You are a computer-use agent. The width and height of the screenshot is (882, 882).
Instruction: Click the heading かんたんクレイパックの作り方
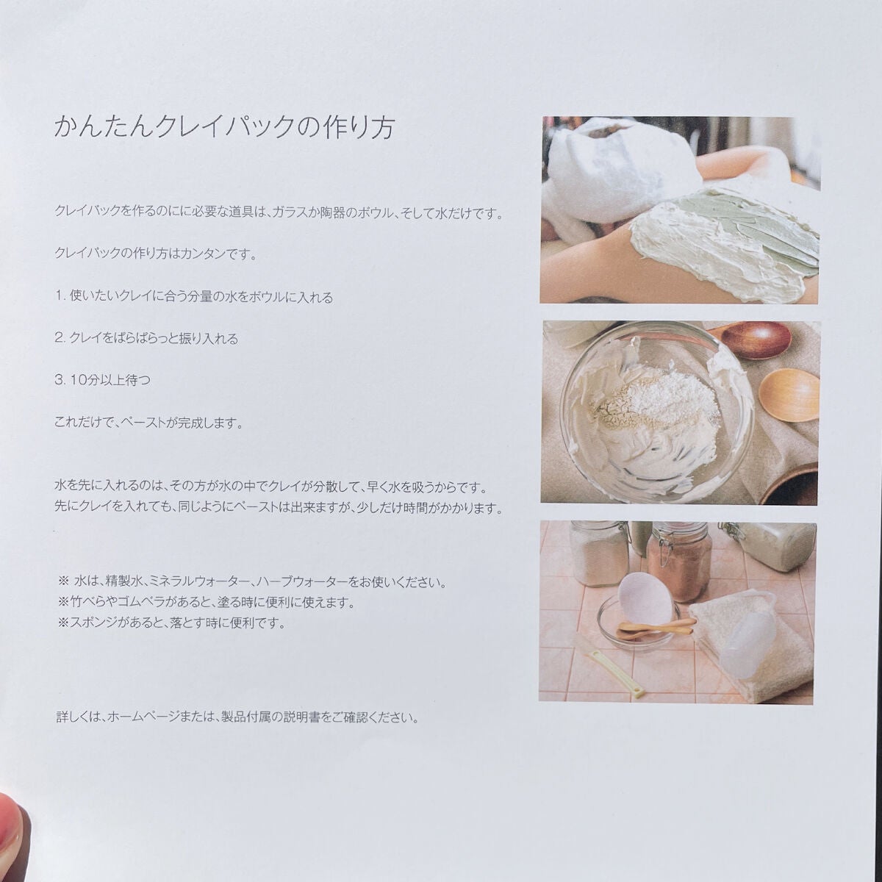click(x=225, y=128)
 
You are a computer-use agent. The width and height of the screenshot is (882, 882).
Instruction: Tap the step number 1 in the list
click(x=60, y=298)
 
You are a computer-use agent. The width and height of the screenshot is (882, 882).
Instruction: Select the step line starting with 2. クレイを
click(x=147, y=339)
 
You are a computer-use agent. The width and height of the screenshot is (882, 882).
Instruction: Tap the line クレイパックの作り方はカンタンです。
click(x=155, y=254)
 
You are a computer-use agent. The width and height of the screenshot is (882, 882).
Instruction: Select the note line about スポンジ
click(x=171, y=623)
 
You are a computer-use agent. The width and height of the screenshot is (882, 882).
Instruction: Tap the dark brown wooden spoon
click(x=753, y=340)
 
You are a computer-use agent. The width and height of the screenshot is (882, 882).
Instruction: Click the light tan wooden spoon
click(x=787, y=395)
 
